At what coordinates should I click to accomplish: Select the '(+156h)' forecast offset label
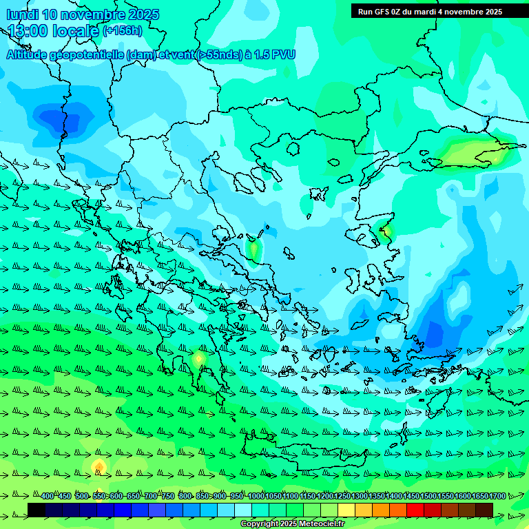123,30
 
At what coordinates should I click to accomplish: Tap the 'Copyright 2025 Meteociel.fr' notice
293,524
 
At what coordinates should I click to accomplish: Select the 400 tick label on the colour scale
48,497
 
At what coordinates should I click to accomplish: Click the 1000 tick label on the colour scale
256,497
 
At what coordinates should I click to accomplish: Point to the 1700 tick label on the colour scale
481,497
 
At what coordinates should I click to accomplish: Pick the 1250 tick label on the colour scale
342,497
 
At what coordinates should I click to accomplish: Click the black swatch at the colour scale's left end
37,510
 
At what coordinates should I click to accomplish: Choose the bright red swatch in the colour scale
415,510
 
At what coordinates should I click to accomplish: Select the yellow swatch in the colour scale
346,510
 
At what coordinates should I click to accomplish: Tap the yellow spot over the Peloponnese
199,358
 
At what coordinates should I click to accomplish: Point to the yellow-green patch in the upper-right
475,152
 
